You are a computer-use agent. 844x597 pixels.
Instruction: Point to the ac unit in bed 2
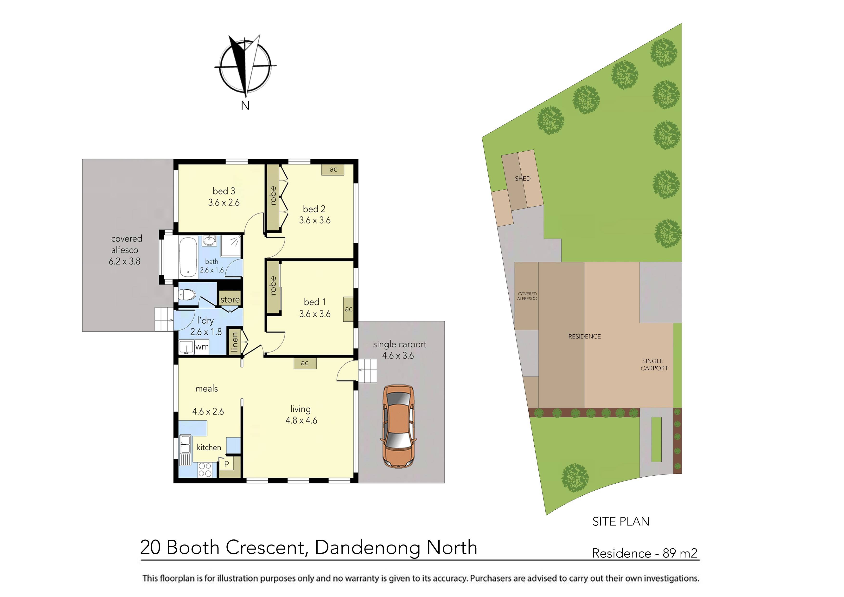pos(333,169)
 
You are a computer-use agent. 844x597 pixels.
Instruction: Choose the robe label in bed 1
pos(273,286)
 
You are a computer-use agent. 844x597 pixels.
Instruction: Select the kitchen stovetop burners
pos(205,470)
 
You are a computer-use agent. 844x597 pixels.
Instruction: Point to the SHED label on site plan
pos(522,178)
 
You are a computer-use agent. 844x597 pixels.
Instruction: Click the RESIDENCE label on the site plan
pos(584,336)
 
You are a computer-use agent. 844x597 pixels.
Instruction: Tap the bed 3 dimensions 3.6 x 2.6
pos(224,202)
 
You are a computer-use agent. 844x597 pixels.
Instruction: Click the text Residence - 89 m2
pos(644,553)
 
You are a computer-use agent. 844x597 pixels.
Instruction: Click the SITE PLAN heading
pos(620,521)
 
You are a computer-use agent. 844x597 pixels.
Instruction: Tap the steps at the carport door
pos(368,371)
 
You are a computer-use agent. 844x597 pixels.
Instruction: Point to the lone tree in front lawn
pos(575,477)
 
